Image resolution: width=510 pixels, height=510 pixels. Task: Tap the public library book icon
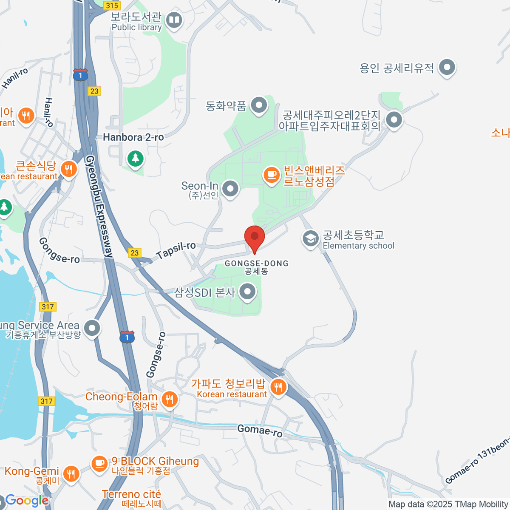(x=174, y=20)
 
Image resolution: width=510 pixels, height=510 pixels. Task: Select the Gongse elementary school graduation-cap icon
(x=311, y=239)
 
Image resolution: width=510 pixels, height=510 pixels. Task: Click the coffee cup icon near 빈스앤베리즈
(x=271, y=175)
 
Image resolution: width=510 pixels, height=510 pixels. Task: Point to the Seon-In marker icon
(x=230, y=188)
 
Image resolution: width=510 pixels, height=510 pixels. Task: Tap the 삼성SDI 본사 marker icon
(x=247, y=292)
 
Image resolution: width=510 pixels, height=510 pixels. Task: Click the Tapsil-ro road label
(x=176, y=250)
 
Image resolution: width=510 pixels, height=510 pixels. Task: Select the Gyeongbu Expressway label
(x=100, y=206)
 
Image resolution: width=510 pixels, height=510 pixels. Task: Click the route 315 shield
(x=112, y=5)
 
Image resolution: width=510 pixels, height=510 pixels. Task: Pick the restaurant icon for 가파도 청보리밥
(x=278, y=387)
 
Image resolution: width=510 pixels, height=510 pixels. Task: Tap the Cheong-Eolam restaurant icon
(x=170, y=399)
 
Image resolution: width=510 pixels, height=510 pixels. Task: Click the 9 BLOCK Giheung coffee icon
(x=99, y=464)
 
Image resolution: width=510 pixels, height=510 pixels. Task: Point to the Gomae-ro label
(x=260, y=431)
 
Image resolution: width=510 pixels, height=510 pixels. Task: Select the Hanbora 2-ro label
(x=133, y=137)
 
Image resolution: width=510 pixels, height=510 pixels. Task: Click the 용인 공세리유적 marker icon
(x=447, y=67)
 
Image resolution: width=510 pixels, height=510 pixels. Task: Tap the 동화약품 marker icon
(x=258, y=105)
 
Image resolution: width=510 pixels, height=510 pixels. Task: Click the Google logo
(x=26, y=501)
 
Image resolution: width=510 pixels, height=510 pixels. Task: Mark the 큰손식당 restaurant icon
(x=68, y=169)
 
